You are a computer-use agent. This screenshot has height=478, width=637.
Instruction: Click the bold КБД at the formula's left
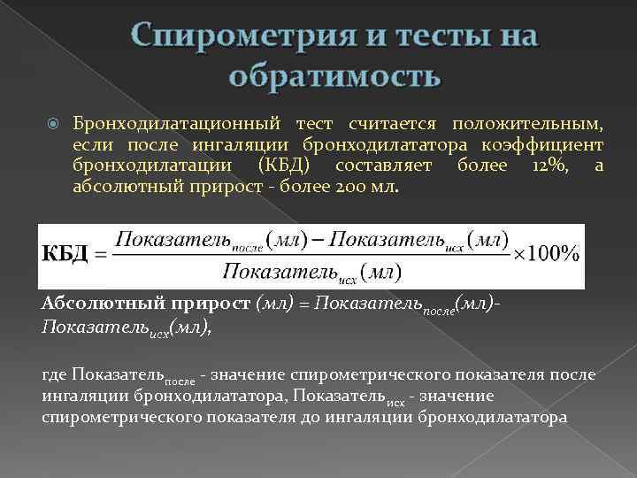point(65,254)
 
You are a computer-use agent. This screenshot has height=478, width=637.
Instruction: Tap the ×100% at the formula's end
point(547,254)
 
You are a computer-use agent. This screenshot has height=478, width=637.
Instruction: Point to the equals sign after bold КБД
point(100,255)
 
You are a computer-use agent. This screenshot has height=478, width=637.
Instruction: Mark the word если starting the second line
point(91,143)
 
